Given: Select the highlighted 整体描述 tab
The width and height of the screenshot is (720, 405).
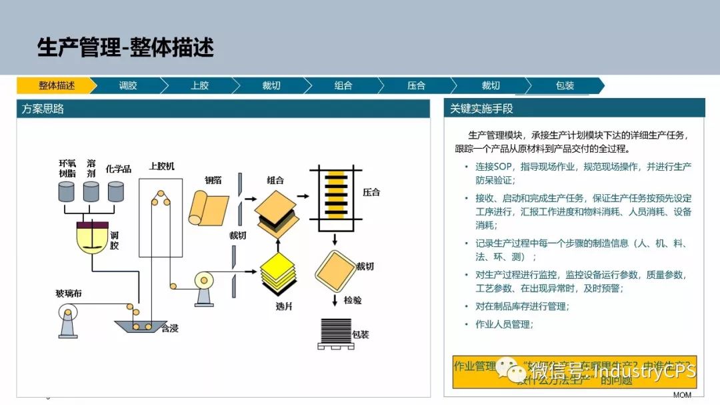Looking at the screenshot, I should point(56,85).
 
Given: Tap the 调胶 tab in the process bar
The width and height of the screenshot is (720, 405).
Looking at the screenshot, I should point(127,85).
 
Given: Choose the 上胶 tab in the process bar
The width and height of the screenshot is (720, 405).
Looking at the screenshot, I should point(199,85).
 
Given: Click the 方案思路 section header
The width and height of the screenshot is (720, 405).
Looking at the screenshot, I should point(43,109).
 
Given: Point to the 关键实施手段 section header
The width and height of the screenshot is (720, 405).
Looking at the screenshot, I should point(481,109).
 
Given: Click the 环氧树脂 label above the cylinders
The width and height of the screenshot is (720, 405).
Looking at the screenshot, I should point(67,167).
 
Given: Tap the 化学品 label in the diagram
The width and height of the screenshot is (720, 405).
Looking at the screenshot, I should point(119,168).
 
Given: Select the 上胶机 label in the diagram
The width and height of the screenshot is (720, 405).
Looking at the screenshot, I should point(162,166).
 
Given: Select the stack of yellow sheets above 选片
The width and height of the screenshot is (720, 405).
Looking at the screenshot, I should point(278,273).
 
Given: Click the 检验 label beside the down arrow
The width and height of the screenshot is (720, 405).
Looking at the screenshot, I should point(353,300).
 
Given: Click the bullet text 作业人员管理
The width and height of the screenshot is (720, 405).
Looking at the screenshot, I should point(504,324).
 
